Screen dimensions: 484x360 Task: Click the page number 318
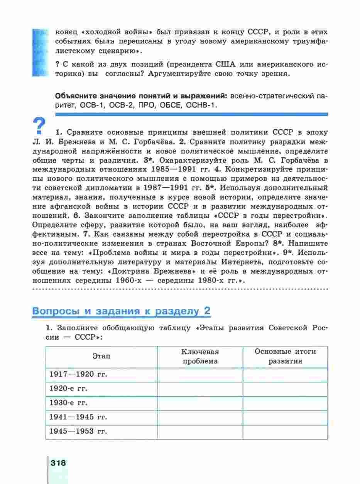click(58, 463)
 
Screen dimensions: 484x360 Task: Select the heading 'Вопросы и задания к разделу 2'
click(121, 311)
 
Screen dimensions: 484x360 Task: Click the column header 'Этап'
click(101, 356)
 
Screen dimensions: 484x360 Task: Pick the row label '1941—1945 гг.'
click(78, 417)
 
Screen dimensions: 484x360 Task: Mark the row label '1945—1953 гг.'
click(78, 432)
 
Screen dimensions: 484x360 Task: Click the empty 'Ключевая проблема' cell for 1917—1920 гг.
click(200, 374)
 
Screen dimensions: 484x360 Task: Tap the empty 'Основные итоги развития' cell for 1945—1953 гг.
click(285, 432)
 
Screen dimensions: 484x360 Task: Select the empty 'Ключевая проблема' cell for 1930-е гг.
click(200, 403)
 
